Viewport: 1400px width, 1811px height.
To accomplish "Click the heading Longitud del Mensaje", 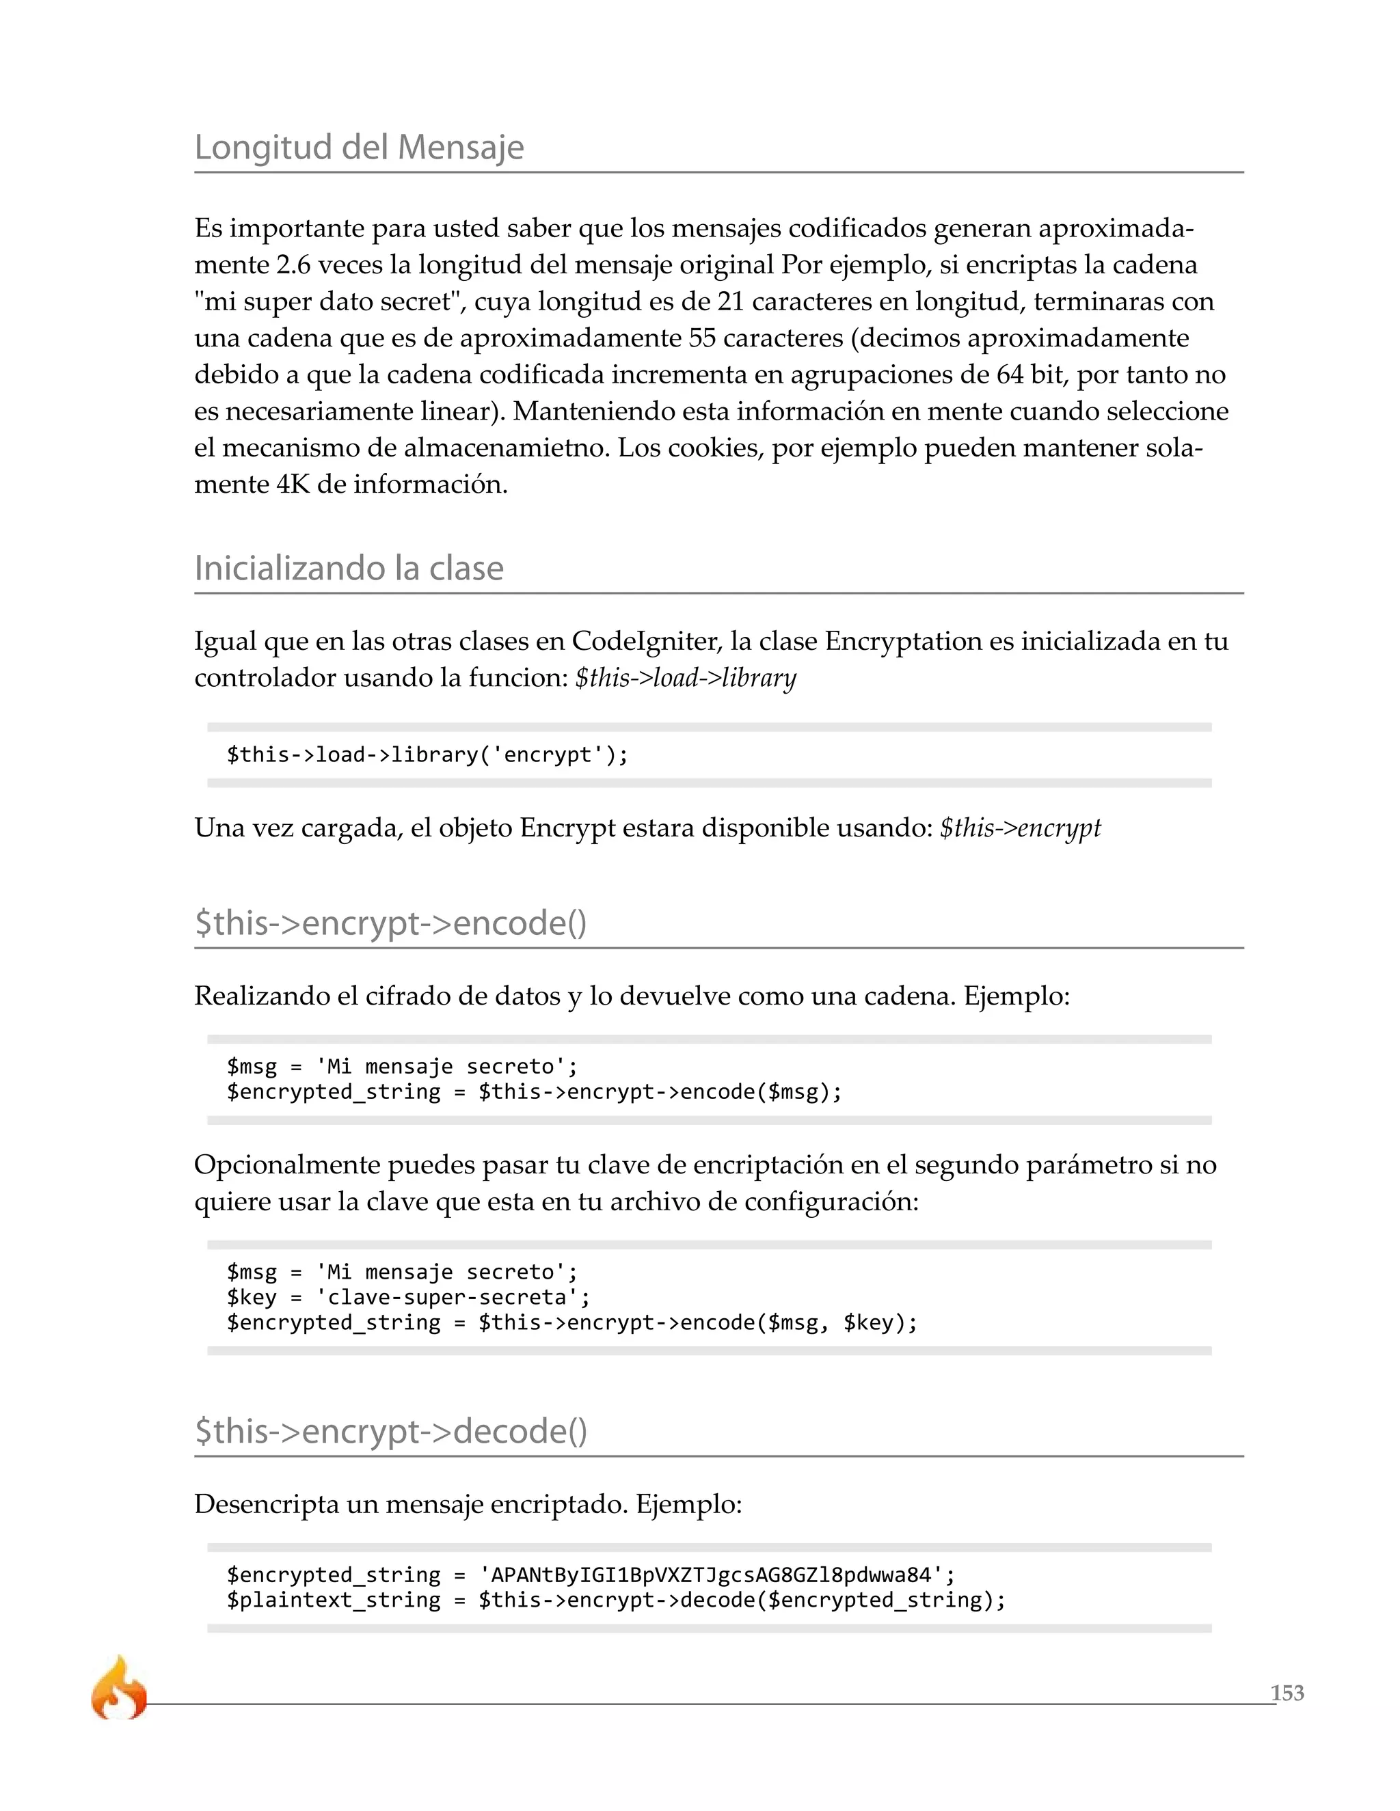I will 358,148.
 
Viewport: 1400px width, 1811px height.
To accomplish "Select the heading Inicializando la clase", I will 349,569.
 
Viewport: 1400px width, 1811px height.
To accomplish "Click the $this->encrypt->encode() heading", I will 390,923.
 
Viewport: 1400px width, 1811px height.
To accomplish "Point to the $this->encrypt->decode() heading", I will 390,1431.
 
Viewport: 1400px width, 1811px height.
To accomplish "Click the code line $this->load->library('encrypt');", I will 427,754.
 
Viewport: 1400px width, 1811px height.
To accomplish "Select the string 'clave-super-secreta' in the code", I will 447,1297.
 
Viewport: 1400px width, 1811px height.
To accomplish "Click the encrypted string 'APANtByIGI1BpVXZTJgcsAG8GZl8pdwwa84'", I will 712,1575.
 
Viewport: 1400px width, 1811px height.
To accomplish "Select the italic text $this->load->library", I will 685,679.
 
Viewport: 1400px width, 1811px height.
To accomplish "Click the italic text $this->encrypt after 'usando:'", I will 1019,828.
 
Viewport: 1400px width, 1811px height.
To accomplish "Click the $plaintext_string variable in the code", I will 334,1600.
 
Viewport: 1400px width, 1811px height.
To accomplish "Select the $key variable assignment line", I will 408,1297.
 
